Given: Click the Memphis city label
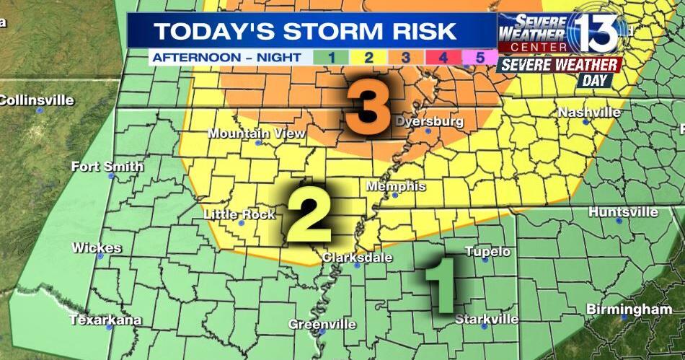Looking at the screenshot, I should [396, 186].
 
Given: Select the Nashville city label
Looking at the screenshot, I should [589, 113].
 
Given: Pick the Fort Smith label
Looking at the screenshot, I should [107, 167].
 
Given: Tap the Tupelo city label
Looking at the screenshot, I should [487, 251].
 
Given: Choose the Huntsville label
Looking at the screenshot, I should [623, 212].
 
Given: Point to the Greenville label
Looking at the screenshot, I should [322, 324].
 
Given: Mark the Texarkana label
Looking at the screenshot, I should [105, 320].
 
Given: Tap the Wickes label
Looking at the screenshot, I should [97, 247].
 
